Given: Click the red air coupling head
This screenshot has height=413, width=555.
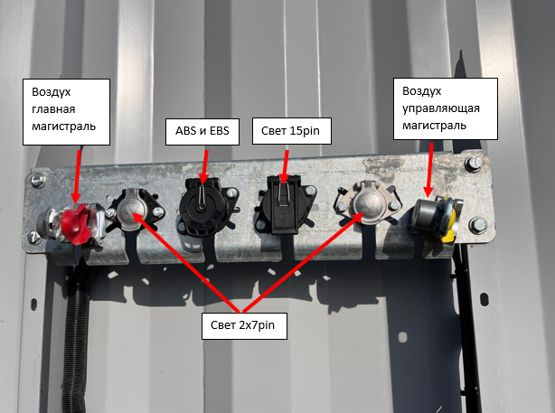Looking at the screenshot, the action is tap(71, 220).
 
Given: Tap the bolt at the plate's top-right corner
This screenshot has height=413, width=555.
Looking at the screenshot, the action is tap(475, 163).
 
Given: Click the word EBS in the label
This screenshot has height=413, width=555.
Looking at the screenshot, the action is tap(216, 130).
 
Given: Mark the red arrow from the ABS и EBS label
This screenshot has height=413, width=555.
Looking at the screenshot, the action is tap(203, 164).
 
